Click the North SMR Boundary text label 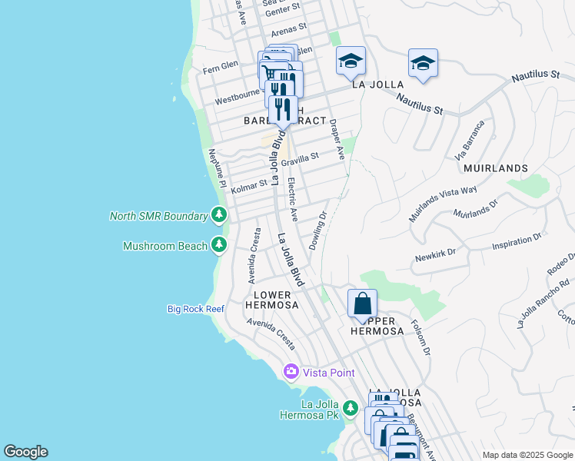point(158,215)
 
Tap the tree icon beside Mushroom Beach point(220,245)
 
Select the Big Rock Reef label point(196,309)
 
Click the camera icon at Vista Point point(291,372)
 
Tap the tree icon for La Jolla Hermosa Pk point(351,407)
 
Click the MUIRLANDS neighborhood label point(496,167)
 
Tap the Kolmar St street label point(249,185)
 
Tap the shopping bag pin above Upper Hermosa point(362,303)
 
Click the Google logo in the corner point(25,452)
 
